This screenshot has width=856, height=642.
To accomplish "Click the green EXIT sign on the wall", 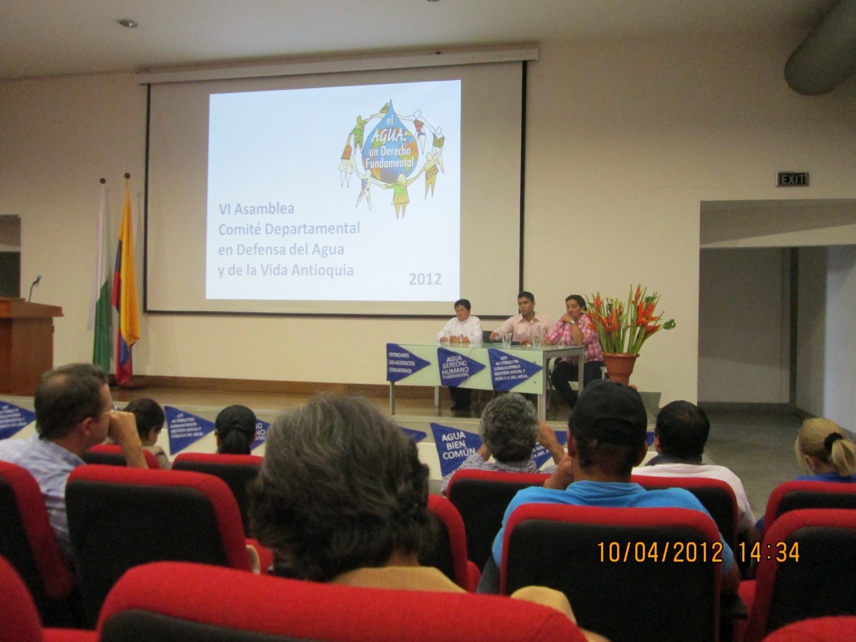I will (x=793, y=180).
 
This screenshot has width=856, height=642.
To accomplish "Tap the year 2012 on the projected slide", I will (x=425, y=278).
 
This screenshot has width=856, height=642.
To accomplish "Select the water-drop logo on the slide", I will (x=390, y=153).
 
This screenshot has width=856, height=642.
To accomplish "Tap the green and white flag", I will (x=103, y=285).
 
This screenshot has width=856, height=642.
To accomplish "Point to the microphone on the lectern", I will (x=35, y=282).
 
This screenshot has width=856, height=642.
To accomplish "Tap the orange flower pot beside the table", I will (x=619, y=369).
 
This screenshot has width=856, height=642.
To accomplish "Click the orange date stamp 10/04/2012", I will (x=659, y=552).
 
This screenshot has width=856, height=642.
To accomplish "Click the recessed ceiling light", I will (x=127, y=23).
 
